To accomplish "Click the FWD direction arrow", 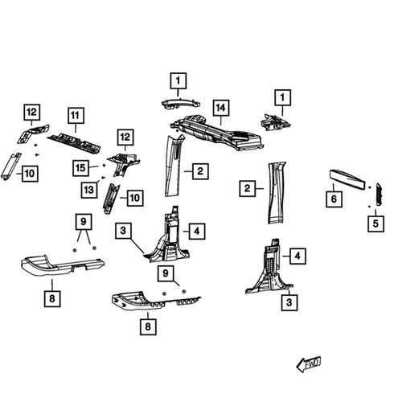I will pos(309,363).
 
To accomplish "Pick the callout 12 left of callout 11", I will pos(31,112).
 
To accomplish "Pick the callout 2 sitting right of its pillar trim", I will pos(199,170).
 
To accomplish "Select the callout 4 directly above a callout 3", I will pos(298,257).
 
